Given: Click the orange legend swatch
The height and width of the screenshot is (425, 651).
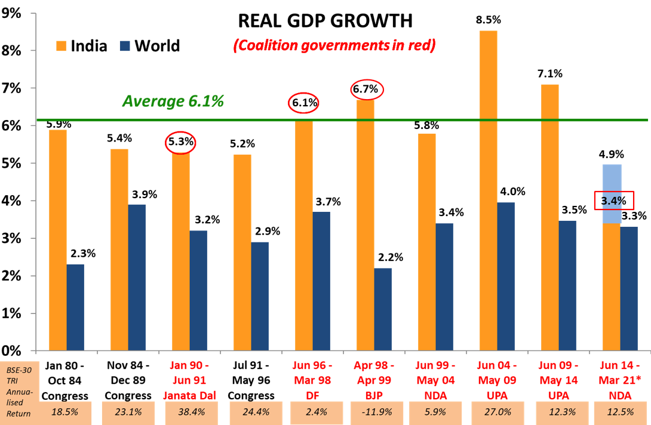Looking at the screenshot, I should pos(61,46).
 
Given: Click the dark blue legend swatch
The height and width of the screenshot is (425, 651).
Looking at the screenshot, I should pos(125,46).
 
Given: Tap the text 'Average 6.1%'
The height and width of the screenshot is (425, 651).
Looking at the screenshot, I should pos(173,101).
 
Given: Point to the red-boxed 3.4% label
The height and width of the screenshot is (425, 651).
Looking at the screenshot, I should pos(613,201).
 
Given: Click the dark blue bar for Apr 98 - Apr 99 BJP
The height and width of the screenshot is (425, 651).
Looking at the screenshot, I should pos(383,309).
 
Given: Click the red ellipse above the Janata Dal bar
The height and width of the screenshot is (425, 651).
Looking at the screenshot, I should pos(180,142).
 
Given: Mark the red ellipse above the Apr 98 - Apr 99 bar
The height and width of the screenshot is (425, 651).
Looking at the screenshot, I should pos(367,89).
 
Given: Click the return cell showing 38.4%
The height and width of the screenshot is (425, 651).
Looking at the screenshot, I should pos(189,412).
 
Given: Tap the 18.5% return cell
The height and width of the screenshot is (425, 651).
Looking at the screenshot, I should pos(66,412).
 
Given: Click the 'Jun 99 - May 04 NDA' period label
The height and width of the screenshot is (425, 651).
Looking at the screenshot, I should pos(435,380).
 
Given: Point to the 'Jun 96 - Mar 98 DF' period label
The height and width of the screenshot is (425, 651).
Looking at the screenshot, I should pos(312,380).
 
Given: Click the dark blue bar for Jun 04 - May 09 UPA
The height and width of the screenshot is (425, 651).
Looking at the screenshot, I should pos(506,276).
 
